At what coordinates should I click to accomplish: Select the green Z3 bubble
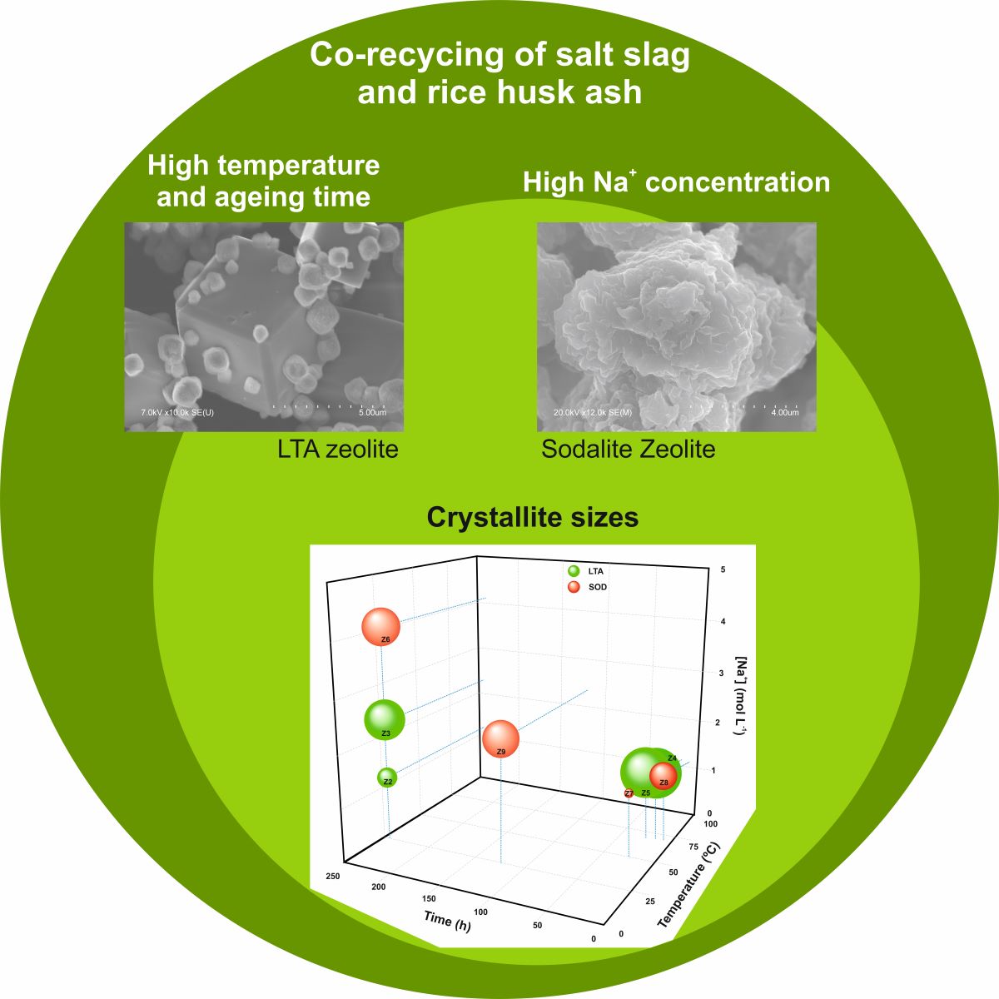point(385,719)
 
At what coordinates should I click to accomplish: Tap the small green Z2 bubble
point(386,778)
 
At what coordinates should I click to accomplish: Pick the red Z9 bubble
point(500,739)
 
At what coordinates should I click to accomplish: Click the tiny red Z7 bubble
point(629,793)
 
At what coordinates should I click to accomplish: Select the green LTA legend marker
point(573,571)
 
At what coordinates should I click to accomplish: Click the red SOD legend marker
point(573,587)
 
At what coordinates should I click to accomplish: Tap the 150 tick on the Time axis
point(429,899)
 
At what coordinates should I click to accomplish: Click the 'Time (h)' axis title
point(447,920)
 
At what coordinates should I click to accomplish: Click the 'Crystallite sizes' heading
point(532,518)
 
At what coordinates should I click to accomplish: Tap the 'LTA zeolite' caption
point(338,450)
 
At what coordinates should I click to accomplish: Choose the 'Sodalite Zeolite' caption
point(629,450)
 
